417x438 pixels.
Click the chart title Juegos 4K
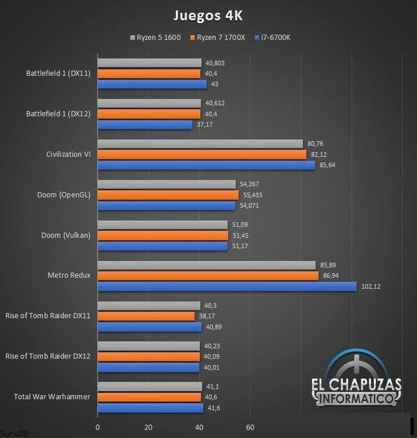[208, 14]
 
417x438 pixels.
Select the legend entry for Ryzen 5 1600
[156, 38]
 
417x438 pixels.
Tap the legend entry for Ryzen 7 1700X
[217, 38]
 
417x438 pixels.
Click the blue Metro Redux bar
[227, 286]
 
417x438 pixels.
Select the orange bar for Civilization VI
[201, 154]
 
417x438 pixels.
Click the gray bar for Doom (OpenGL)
[166, 184]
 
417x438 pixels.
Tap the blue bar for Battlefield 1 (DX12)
[145, 124]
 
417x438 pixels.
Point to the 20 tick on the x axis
[148, 428]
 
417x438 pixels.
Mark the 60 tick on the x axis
[250, 428]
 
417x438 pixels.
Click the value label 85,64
[328, 165]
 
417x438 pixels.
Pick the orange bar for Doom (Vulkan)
[163, 235]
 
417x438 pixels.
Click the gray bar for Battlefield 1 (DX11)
[149, 63]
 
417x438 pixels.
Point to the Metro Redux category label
[70, 275]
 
